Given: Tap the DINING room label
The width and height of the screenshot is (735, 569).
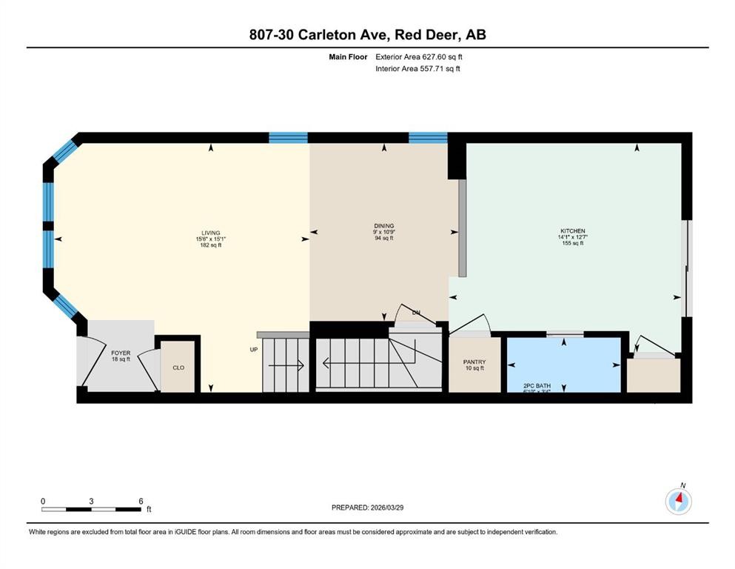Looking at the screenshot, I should pyautogui.click(x=383, y=226).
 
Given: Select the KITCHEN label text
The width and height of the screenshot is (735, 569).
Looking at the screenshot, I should pyautogui.click(x=572, y=231).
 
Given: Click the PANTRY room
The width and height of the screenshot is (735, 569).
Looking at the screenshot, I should pyautogui.click(x=474, y=362).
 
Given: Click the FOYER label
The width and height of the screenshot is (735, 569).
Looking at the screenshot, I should pyautogui.click(x=121, y=353).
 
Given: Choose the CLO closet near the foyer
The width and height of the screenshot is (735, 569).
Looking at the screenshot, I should pyautogui.click(x=178, y=367).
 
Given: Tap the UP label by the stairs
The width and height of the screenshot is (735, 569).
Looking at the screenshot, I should pyautogui.click(x=254, y=349).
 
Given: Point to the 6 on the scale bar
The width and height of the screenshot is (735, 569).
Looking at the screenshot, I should pyautogui.click(x=140, y=501).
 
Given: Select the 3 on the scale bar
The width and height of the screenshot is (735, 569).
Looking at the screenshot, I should pyautogui.click(x=91, y=501).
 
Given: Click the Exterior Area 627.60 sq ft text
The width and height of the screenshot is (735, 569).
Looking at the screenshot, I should pyautogui.click(x=420, y=56).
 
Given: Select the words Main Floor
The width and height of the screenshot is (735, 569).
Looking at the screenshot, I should pyautogui.click(x=348, y=56).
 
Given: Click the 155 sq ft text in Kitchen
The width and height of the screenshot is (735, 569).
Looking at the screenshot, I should pyautogui.click(x=572, y=243).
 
